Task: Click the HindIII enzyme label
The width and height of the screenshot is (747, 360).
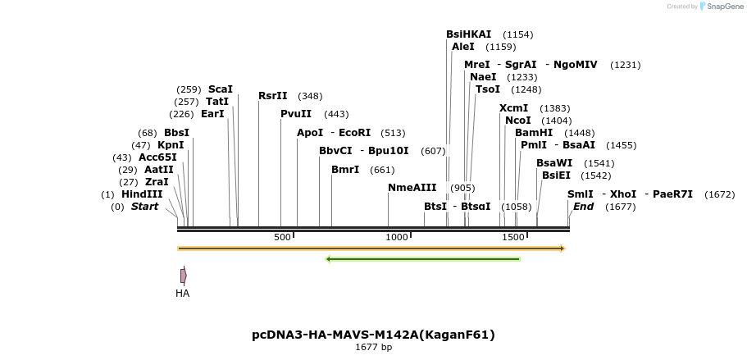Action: point(142,194)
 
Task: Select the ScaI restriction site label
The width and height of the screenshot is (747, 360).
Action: point(220,89)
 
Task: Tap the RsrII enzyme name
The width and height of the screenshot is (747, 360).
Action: point(272,96)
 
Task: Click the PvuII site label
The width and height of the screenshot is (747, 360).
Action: point(296,114)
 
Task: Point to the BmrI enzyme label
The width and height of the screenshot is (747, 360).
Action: point(345,170)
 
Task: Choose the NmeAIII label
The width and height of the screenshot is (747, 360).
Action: point(412,188)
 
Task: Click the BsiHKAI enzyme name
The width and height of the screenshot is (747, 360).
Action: point(468,34)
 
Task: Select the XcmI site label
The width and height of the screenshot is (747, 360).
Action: point(513,108)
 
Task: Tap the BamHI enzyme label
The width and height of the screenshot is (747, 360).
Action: point(534,133)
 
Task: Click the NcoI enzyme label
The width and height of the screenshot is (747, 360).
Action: point(518,121)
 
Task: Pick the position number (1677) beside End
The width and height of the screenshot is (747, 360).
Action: point(620,207)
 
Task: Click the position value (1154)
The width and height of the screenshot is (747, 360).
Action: point(517,34)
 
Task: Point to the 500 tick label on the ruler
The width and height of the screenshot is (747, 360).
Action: point(283,237)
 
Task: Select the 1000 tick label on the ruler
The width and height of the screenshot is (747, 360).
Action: point(397,237)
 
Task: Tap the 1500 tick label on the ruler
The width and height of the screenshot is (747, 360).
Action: point(513,237)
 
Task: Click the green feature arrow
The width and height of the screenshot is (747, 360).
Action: point(423,259)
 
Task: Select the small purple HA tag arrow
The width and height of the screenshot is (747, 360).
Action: point(183,276)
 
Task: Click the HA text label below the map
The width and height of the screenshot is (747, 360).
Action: point(182,293)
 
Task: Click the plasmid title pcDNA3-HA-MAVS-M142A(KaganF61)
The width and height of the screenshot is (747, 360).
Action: point(373,335)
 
